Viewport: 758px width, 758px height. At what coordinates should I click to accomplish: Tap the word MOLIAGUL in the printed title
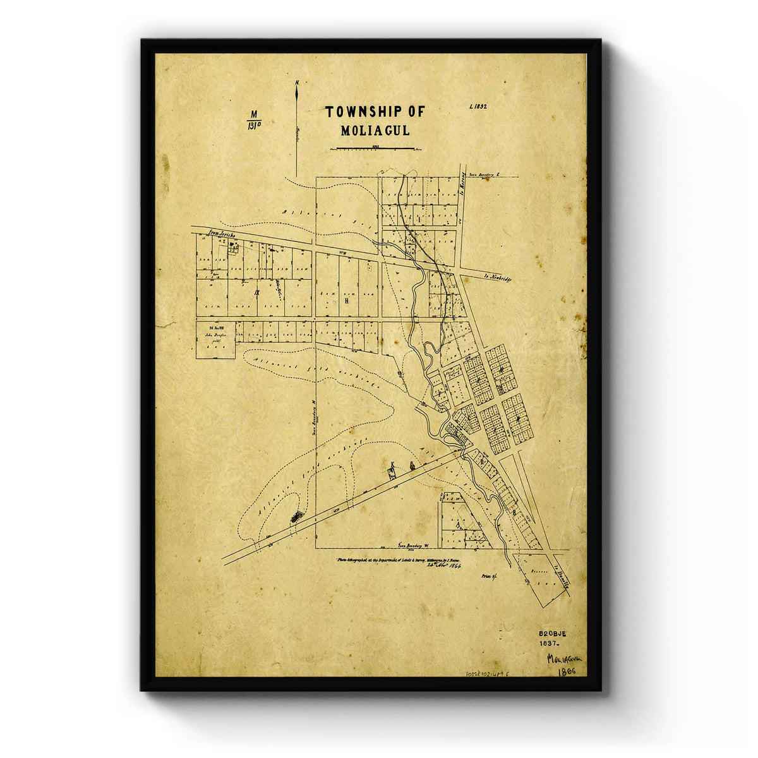click(x=375, y=131)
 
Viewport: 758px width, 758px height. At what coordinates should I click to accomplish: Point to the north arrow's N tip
click(x=296, y=84)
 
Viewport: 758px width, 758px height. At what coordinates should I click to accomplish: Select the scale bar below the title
click(x=375, y=149)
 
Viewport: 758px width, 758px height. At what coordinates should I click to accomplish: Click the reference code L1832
click(x=478, y=107)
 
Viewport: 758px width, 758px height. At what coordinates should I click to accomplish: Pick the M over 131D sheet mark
click(x=255, y=119)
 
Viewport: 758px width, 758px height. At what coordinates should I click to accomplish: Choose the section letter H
click(x=347, y=301)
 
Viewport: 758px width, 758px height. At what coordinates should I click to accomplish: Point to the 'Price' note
click(x=490, y=576)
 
